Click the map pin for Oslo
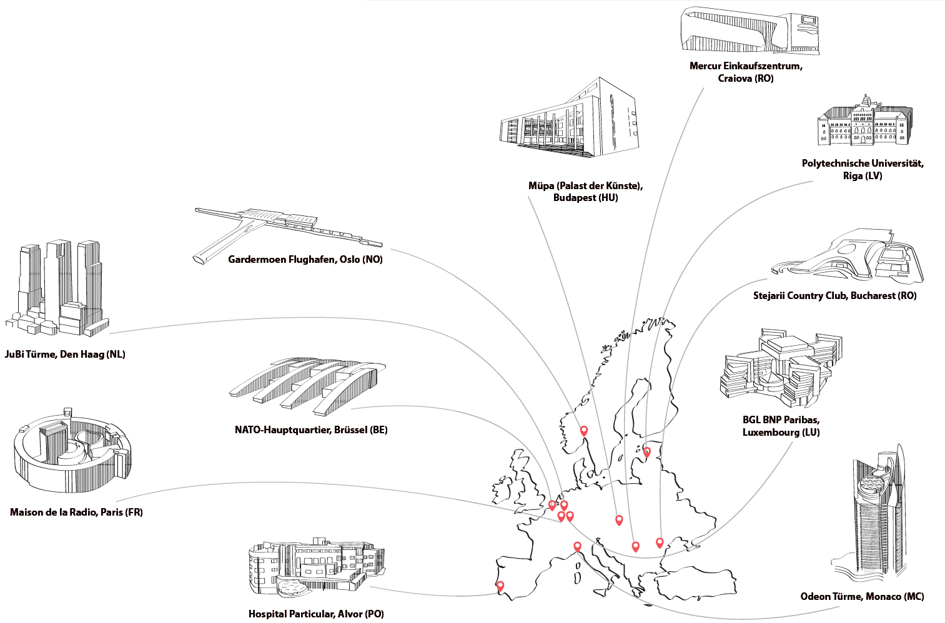(584, 430)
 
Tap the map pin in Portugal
(500, 586)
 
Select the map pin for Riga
(647, 451)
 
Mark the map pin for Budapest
(619, 519)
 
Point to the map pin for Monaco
(577, 546)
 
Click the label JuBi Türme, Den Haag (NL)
(65, 355)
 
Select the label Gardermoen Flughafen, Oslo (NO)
(305, 260)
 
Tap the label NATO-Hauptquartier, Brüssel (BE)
(311, 430)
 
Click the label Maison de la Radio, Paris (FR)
(76, 513)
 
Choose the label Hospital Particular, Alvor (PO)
(316, 614)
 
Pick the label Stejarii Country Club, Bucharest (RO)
(834, 296)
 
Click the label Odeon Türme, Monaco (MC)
(862, 597)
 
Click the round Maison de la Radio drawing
(72, 452)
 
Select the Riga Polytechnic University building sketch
(864, 122)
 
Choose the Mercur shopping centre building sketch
(749, 31)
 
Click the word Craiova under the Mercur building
(735, 79)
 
